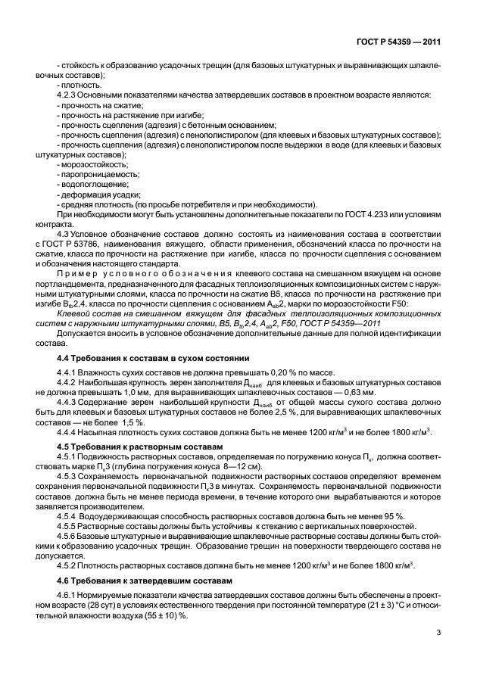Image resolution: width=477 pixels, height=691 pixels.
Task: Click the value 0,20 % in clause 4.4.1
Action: [x=274, y=373]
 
